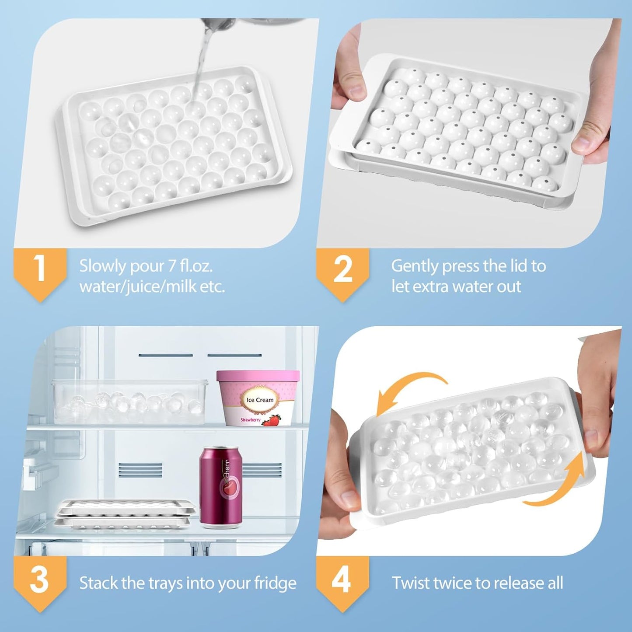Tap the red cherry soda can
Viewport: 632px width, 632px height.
point(221,485)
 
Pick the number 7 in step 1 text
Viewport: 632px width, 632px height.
point(173,266)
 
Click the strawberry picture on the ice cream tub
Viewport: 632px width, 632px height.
point(272,420)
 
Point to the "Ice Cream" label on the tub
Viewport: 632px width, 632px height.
point(260,400)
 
